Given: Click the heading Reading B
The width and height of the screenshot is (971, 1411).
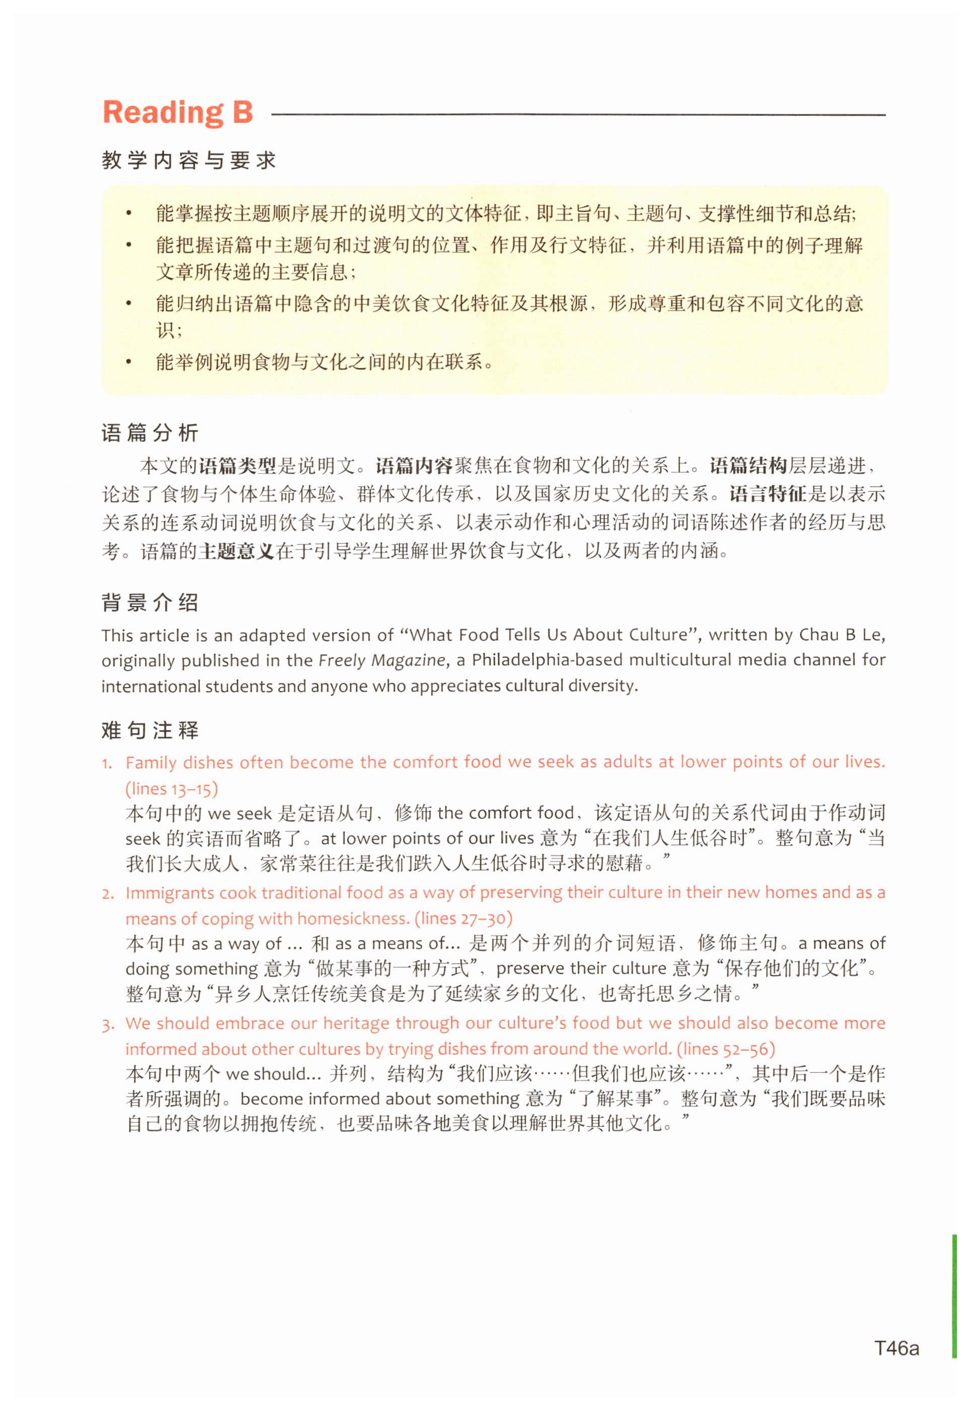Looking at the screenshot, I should click(177, 112).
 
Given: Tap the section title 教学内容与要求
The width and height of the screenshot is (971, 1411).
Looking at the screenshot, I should click(188, 161).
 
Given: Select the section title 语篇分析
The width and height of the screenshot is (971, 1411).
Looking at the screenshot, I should click(150, 433).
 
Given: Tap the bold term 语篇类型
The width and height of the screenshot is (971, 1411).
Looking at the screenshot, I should click(237, 466).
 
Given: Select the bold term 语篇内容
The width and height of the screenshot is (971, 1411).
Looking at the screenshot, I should click(413, 466).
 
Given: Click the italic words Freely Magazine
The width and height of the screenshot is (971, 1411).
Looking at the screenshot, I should click(381, 660).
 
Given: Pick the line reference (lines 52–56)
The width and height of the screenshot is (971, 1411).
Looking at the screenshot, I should click(725, 1049).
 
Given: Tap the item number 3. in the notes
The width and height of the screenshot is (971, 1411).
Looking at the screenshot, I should click(108, 1024).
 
